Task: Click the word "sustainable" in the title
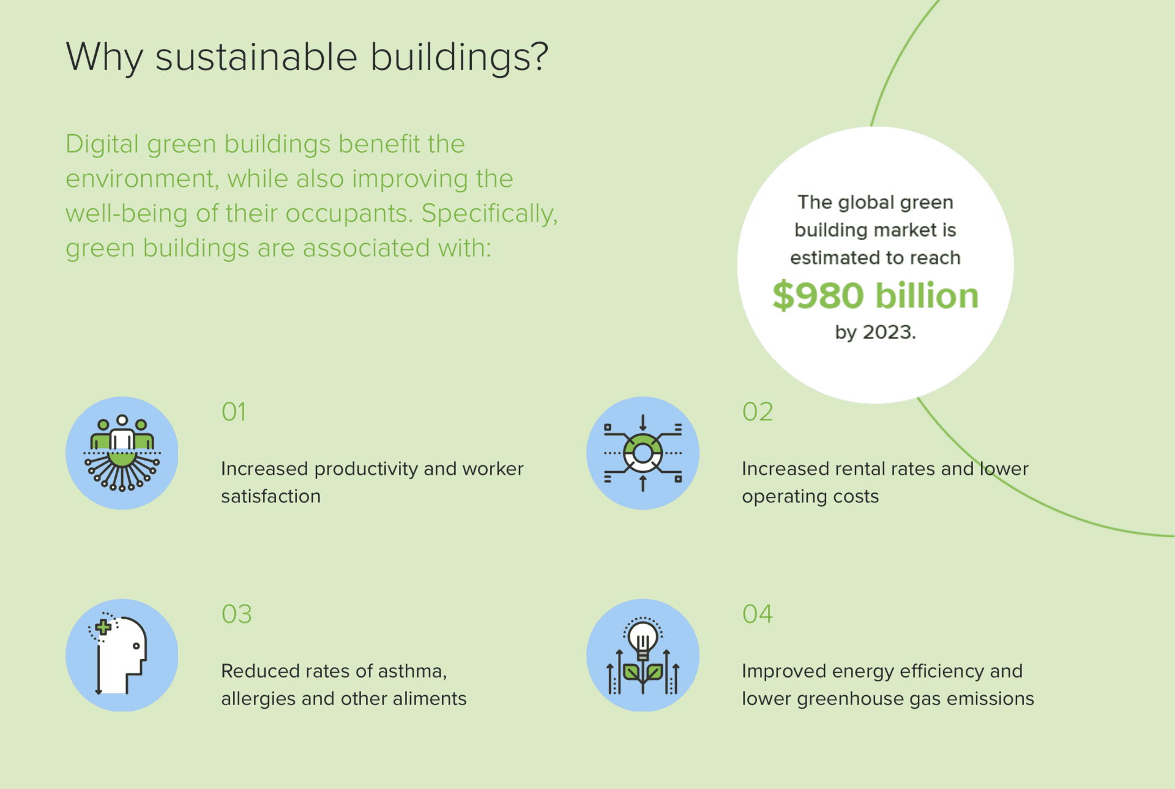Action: click(256, 57)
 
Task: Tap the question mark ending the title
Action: click(539, 56)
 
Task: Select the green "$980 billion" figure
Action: click(875, 296)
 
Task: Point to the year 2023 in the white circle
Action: click(889, 332)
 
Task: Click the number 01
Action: click(234, 412)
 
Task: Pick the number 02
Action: click(758, 412)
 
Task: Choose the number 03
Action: click(237, 614)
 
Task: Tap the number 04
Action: click(758, 614)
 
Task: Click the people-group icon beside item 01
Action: click(122, 453)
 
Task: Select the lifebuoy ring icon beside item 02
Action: click(643, 453)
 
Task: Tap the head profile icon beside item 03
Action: click(122, 655)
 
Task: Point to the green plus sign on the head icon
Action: click(103, 627)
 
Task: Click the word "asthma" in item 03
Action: click(410, 671)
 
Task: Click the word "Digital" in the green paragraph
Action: click(102, 145)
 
